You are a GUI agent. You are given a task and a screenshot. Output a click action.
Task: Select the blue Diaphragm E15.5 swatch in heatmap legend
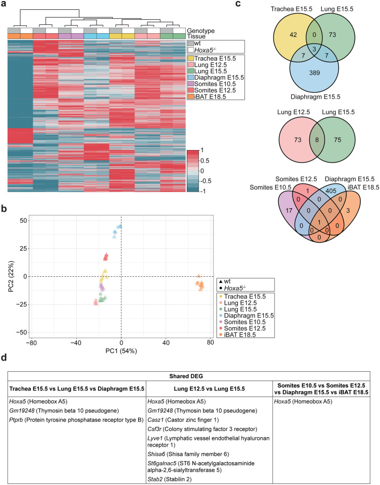tap(191, 79)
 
